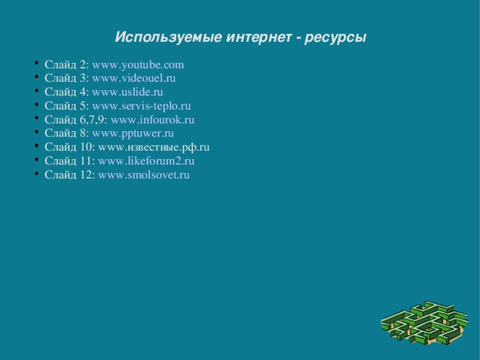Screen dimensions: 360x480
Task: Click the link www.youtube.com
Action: [138, 64]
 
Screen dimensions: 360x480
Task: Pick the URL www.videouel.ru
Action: [134, 78]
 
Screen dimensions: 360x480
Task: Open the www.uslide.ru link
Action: [127, 92]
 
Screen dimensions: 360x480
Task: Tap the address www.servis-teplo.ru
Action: [141, 106]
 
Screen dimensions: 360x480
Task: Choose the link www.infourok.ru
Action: [152, 120]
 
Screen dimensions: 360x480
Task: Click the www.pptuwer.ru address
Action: [133, 133]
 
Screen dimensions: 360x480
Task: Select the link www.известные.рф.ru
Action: [154, 148]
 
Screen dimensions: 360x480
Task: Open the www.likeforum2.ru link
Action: [146, 161]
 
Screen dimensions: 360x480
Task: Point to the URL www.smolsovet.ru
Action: [144, 175]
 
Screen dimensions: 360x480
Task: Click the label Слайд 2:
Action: [66, 64]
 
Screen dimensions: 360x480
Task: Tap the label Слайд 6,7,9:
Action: [76, 120]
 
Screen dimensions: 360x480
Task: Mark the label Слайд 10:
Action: [69, 148]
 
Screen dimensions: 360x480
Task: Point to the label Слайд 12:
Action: [69, 175]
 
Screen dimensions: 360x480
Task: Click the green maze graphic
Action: [424, 322]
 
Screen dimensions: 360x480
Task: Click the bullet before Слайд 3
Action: [37, 78]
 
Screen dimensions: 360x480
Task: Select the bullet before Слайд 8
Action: [37, 133]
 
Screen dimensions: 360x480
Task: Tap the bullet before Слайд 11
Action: [37, 161]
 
